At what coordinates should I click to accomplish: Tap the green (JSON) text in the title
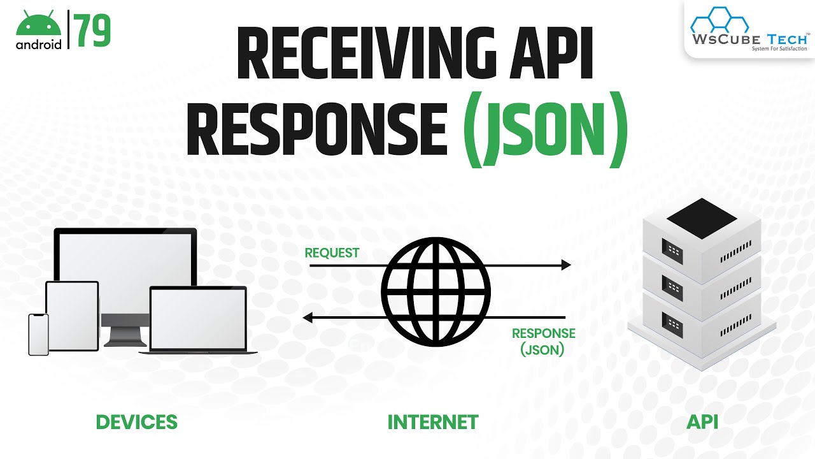[x=546, y=132]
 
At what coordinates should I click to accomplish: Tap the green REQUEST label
[x=332, y=253]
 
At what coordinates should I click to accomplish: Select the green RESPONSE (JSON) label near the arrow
[x=543, y=341]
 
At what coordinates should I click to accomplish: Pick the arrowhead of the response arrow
[x=308, y=317]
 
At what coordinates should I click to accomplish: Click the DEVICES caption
[x=136, y=422]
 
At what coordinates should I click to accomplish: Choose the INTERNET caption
[x=433, y=422]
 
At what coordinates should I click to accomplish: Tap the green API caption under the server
[x=702, y=422]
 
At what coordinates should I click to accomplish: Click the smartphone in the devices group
[x=38, y=334]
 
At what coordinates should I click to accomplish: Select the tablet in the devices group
[x=73, y=315]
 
